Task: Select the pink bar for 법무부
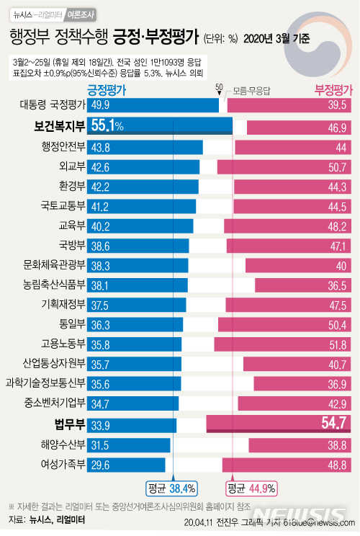(281, 424)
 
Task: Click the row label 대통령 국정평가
(53, 105)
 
